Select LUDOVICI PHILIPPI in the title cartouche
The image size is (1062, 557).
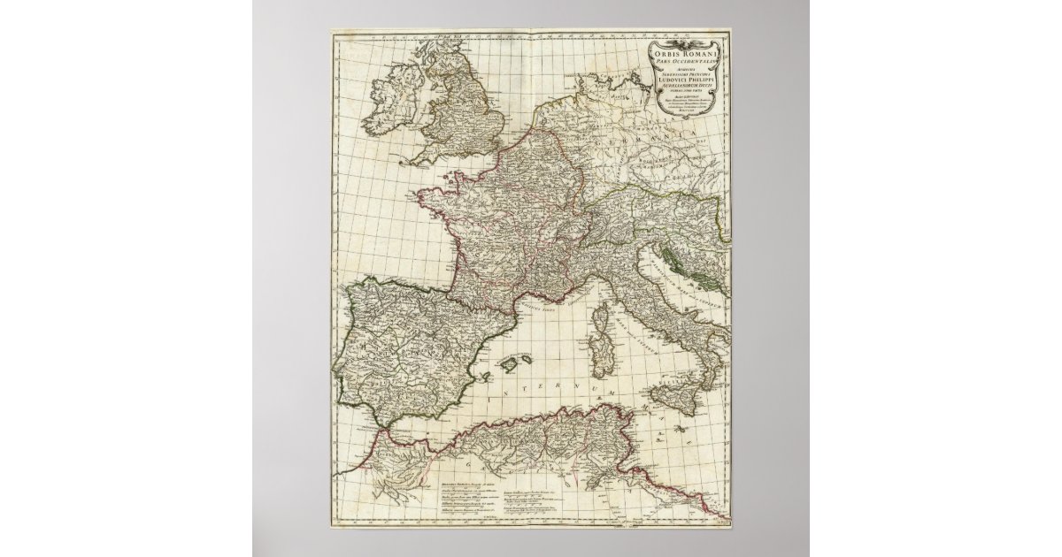(688, 82)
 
